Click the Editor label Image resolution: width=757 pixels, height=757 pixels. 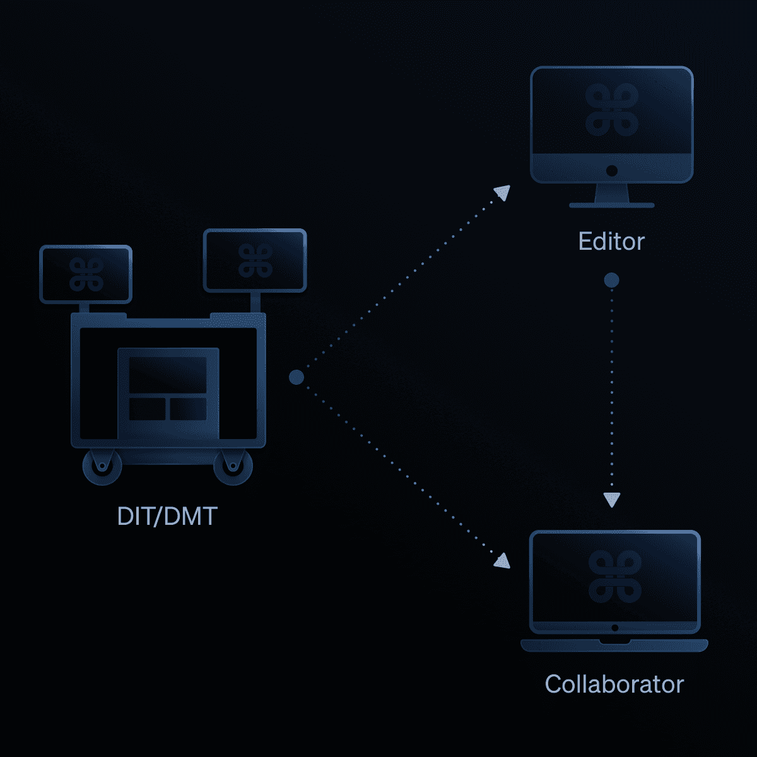pyautogui.click(x=611, y=242)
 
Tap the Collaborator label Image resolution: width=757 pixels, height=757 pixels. pyautogui.click(x=614, y=684)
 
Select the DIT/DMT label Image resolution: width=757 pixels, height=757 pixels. pyautogui.click(x=167, y=517)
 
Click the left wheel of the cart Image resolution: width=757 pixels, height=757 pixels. pyautogui.click(x=102, y=467)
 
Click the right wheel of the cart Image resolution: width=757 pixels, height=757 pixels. pyautogui.click(x=233, y=467)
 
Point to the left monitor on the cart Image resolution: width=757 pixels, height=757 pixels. pyautogui.click(x=86, y=274)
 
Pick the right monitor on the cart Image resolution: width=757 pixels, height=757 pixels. pyautogui.click(x=255, y=261)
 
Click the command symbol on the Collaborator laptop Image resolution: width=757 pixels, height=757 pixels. pyautogui.click(x=614, y=576)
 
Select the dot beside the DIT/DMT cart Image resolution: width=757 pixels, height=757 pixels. pyautogui.click(x=296, y=377)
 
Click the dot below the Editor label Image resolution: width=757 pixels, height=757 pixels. pyautogui.click(x=611, y=280)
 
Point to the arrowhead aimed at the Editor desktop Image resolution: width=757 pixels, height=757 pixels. pyautogui.click(x=503, y=192)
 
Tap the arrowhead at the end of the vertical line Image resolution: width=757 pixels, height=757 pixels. pyautogui.click(x=611, y=500)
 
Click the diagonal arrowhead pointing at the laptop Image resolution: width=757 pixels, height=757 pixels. pyautogui.click(x=502, y=560)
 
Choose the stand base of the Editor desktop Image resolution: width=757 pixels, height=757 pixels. pyautogui.click(x=611, y=205)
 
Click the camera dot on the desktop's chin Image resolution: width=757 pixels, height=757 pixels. pyautogui.click(x=611, y=170)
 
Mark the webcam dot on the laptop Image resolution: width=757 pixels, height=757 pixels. pyautogui.click(x=614, y=628)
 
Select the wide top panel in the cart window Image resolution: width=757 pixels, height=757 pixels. pyautogui.click(x=168, y=375)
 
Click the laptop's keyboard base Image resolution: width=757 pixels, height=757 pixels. pyautogui.click(x=614, y=645)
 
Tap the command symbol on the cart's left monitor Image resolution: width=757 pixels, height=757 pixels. pyautogui.click(x=86, y=274)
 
